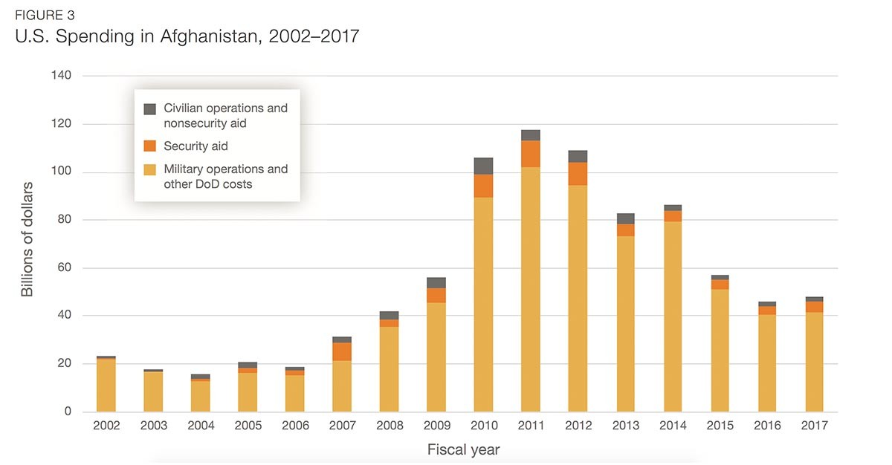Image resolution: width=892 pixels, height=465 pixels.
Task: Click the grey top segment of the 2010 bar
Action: (483, 166)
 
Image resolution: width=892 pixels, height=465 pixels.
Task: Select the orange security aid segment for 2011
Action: (530, 154)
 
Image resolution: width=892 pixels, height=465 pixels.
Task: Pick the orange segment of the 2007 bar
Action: (342, 351)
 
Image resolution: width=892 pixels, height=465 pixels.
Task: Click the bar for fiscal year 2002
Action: (106, 384)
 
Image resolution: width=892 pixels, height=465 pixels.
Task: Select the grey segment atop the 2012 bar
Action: (578, 156)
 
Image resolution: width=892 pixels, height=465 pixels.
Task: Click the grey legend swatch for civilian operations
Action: (150, 108)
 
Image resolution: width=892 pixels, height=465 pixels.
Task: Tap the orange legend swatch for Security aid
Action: (150, 146)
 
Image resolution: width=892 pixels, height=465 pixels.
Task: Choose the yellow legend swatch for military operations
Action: (150, 169)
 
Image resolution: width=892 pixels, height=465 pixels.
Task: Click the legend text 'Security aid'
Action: (195, 146)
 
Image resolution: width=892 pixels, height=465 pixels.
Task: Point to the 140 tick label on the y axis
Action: (62, 76)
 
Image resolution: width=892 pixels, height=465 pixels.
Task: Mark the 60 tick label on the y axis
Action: (65, 268)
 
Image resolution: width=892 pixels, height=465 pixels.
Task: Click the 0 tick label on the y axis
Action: (68, 412)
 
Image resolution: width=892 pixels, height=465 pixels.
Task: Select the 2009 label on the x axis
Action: (436, 426)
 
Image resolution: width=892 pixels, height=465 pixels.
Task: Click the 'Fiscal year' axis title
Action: (463, 450)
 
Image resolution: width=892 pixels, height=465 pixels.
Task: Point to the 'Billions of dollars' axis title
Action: (28, 239)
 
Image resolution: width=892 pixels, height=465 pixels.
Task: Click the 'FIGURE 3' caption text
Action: (44, 14)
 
